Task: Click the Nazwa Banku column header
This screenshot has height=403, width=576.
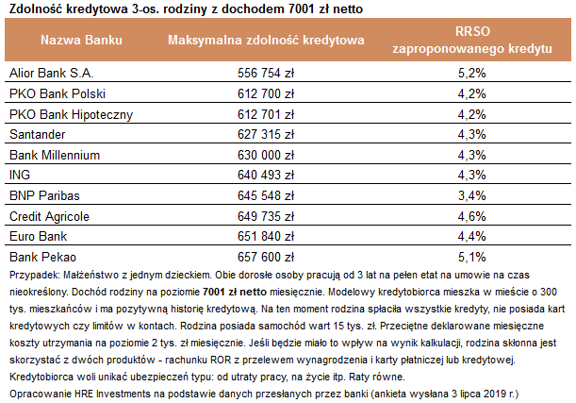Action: pyautogui.click(x=81, y=40)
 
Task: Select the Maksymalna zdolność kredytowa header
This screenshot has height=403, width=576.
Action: pyautogui.click(x=266, y=40)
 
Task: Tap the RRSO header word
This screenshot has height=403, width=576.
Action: pyautogui.click(x=472, y=31)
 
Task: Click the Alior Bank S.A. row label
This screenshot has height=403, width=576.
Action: pyautogui.click(x=52, y=73)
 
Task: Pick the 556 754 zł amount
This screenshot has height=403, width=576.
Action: pyautogui.click(x=266, y=73)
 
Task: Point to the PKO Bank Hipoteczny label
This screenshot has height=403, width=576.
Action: pyautogui.click(x=71, y=114)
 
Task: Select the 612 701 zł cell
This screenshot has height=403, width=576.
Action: pyautogui.click(x=266, y=114)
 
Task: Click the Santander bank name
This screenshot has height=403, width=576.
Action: pyautogui.click(x=37, y=134)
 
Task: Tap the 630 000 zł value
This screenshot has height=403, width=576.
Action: pyautogui.click(x=266, y=155)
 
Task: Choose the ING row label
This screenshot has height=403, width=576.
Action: pyautogui.click(x=20, y=175)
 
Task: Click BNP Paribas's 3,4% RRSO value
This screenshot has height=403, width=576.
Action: pyautogui.click(x=472, y=195)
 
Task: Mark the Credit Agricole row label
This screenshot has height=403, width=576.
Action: pyautogui.click(x=49, y=216)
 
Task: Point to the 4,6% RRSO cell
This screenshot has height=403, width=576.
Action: pyautogui.click(x=472, y=216)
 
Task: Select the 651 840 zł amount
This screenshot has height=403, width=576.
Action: pyautogui.click(x=266, y=236)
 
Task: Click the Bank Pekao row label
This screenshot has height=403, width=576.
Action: pyautogui.click(x=42, y=257)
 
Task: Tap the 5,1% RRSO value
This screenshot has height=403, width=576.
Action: pyautogui.click(x=472, y=257)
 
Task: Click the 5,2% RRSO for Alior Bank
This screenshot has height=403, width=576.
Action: pyautogui.click(x=472, y=73)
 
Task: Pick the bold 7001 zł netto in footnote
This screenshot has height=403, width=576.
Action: pyautogui.click(x=235, y=292)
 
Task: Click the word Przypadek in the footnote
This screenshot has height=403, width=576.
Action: pyautogui.click(x=35, y=275)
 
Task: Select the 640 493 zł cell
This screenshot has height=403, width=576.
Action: pyautogui.click(x=266, y=175)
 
